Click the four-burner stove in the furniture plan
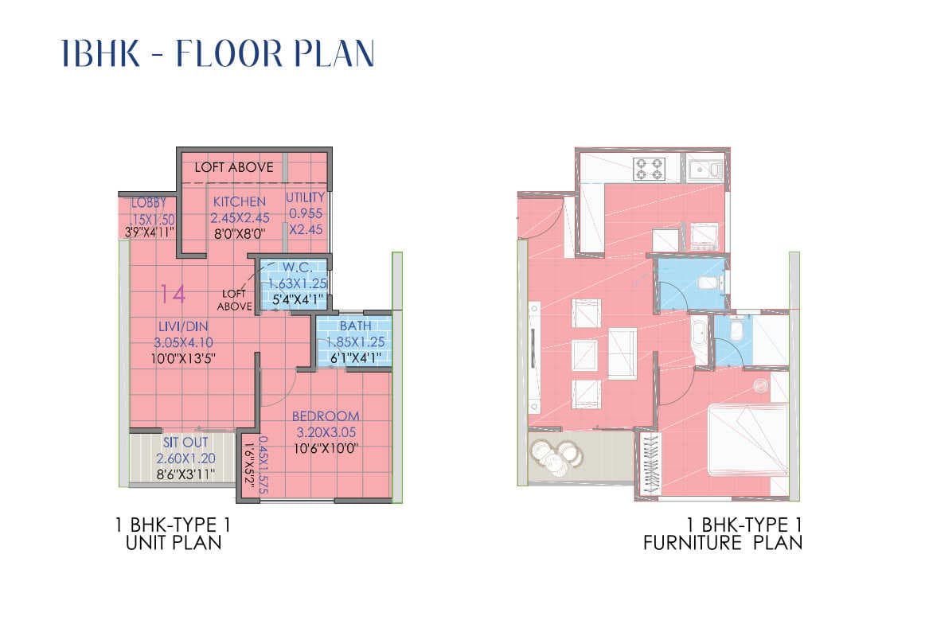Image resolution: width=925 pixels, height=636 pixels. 648,168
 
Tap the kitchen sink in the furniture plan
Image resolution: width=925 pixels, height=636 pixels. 706,168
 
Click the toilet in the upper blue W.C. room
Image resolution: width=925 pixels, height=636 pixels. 711,282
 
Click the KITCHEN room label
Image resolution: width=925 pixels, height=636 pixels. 239,201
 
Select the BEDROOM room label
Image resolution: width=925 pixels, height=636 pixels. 325,416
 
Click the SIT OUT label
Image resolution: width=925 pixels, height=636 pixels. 185,442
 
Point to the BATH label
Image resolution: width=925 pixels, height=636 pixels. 354,326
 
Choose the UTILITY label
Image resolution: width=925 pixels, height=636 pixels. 306,197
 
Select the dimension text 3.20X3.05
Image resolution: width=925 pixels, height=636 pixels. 325,432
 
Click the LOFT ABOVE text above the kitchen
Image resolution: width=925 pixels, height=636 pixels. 234,167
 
